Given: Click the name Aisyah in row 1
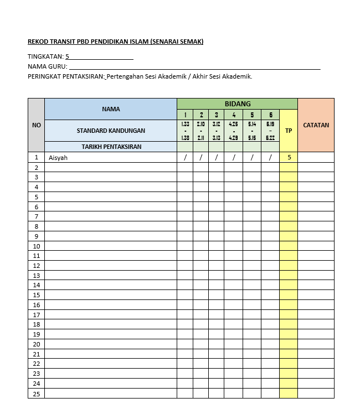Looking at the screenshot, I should point(58,158).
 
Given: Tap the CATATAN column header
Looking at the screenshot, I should point(316,125).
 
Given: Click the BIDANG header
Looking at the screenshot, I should point(237,104).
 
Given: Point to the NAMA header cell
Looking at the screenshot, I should point(111,109).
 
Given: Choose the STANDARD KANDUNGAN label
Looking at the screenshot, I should point(111,131).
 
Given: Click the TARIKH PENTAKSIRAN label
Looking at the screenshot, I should point(111,147).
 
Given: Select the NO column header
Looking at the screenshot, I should point(37,125).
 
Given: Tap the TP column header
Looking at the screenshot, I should point(289,131).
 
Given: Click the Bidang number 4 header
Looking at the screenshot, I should point(234,115).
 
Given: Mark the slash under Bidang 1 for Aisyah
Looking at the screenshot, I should point(185,158).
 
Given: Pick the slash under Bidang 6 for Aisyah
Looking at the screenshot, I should point(270,158).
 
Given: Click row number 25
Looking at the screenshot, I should point(37,393).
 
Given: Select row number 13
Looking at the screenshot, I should point(37,276).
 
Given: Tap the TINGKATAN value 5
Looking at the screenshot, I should point(68,56).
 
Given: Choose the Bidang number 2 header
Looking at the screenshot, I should point(201,115).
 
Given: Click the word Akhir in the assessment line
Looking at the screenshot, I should point(200,76).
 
